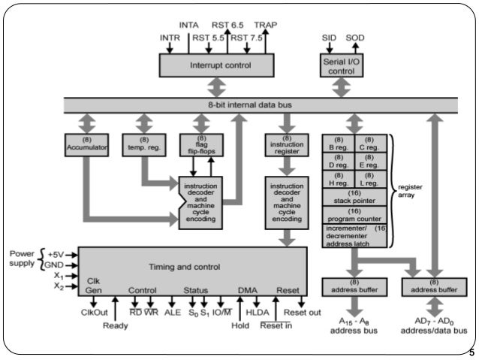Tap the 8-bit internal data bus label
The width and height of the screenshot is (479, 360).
coord(250,105)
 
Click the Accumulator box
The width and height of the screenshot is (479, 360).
coord(86,144)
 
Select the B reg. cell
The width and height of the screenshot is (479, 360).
coord(338,144)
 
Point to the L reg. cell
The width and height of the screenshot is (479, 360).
coord(369,180)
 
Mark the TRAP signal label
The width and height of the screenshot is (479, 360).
coord(267,25)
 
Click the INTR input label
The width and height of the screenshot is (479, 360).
coord(170,37)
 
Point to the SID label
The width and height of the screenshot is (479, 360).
coord(329,37)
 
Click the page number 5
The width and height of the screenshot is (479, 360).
coord(471,352)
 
